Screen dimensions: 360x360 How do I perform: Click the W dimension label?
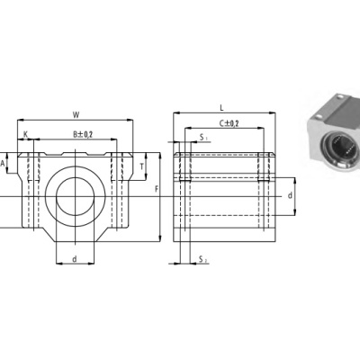pos(76,114)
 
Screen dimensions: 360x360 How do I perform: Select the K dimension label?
pos(26,134)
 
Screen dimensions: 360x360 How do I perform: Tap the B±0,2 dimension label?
pos(83,134)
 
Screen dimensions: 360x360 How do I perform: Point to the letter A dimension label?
pos(3,164)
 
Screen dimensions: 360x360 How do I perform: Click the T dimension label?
pos(142,166)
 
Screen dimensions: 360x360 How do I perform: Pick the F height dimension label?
pos(157,189)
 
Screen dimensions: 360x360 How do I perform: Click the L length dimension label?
pos(221,108)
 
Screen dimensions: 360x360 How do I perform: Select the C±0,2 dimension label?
pos(229,123)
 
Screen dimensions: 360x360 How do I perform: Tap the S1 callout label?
pos(203,138)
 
